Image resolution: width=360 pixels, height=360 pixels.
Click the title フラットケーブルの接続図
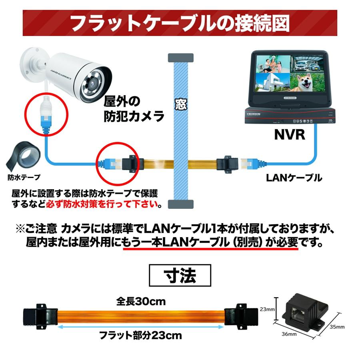click(180, 23)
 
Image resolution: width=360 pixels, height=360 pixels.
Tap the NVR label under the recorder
click(290, 135)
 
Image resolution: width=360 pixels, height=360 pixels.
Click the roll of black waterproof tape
click(24, 156)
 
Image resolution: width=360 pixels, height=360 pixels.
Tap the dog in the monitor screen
click(307, 83)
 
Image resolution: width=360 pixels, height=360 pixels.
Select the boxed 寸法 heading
click(180, 276)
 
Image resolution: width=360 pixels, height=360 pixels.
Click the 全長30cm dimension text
click(141, 300)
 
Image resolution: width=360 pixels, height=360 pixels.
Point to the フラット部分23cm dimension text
click(140, 335)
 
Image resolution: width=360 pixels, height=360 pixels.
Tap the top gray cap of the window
click(180, 57)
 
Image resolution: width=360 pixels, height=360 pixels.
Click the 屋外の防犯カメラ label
click(134, 108)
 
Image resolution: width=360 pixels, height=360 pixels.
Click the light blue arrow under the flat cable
click(140, 326)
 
